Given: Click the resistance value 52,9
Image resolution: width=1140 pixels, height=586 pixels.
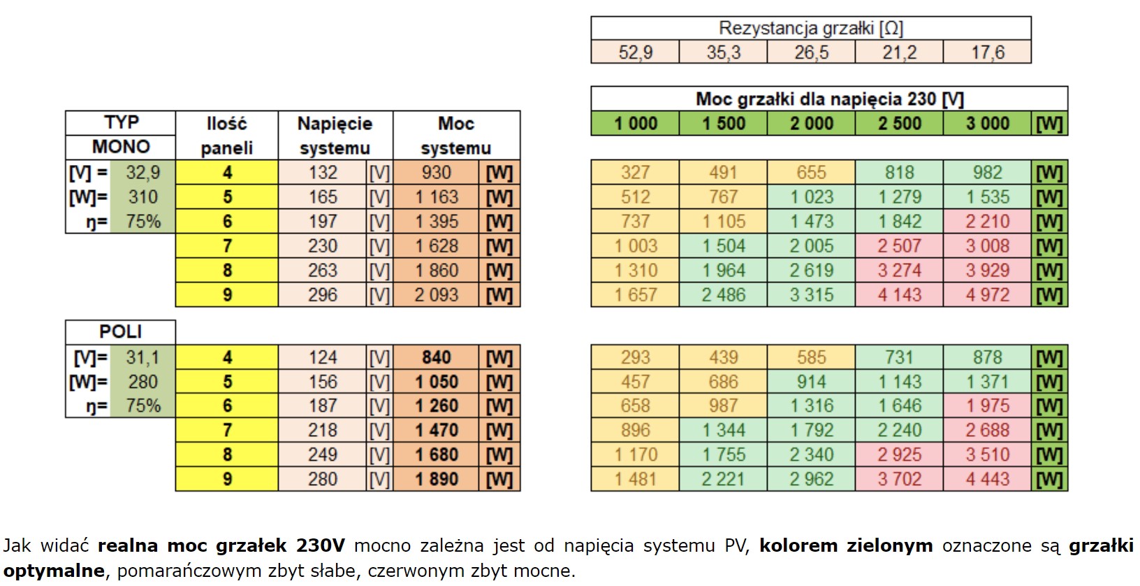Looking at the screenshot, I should pyautogui.click(x=635, y=52).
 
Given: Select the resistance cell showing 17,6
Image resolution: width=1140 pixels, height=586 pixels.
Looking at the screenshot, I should pyautogui.click(x=987, y=52).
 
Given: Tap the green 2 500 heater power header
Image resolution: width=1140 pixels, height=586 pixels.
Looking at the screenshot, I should pyautogui.click(x=899, y=124).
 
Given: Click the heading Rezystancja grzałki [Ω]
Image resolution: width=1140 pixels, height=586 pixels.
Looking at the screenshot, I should pyautogui.click(x=810, y=29).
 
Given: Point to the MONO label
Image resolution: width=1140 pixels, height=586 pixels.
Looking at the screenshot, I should pyautogui.click(x=120, y=147).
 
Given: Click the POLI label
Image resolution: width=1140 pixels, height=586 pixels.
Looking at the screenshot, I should pyautogui.click(x=120, y=331).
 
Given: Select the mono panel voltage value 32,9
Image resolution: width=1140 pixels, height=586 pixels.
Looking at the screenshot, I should pyautogui.click(x=142, y=173).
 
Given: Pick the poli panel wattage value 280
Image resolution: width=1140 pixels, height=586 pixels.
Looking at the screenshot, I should pyautogui.click(x=142, y=382).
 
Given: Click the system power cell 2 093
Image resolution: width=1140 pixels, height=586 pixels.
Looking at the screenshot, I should pyautogui.click(x=436, y=295).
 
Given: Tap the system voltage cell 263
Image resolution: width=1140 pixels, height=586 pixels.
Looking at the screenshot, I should pyautogui.click(x=323, y=271).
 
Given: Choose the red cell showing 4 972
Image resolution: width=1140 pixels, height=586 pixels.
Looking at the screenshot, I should pyautogui.click(x=987, y=295).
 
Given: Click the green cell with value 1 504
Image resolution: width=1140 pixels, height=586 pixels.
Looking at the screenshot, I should pyautogui.click(x=723, y=246).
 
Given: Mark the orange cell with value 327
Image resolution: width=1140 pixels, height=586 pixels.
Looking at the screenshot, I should pyautogui.click(x=635, y=173).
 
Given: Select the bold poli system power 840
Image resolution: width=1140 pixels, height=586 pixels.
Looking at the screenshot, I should pyautogui.click(x=436, y=357).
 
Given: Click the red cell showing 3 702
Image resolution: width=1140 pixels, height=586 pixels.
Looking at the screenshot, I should pyautogui.click(x=899, y=480).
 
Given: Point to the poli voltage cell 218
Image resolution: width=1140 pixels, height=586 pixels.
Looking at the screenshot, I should pyautogui.click(x=323, y=431).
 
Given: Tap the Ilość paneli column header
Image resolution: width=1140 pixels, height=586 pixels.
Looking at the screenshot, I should pyautogui.click(x=226, y=136).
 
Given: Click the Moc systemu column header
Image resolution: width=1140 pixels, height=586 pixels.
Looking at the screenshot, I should pyautogui.click(x=455, y=136).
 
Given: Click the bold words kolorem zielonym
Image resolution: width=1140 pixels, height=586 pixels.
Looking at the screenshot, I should pyautogui.click(x=845, y=545).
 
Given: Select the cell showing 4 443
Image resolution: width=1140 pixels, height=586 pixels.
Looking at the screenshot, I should pyautogui.click(x=987, y=480).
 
